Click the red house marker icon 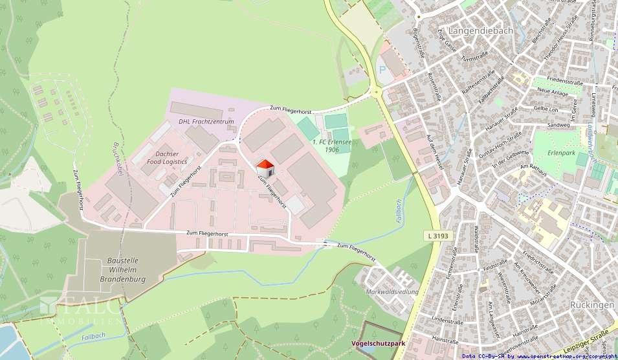coord(265,168)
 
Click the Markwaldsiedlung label coord(392,292)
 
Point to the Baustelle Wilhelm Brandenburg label coord(123,269)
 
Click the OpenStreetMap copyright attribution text coord(539,355)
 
